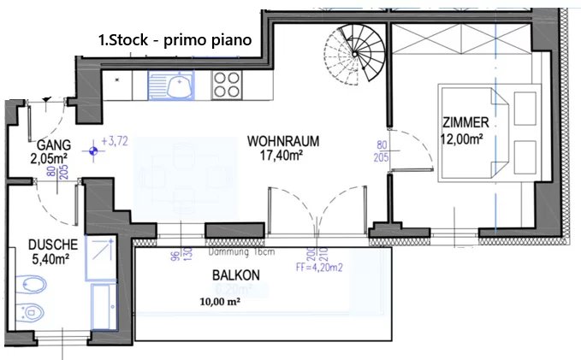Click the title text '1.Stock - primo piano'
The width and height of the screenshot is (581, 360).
tap(181, 40)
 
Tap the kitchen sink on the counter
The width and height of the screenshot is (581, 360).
tap(174, 86)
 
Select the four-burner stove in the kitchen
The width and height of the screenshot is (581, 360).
tap(226, 86)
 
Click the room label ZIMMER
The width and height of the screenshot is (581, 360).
tap(468, 121)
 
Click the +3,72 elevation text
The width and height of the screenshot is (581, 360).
tap(114, 141)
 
